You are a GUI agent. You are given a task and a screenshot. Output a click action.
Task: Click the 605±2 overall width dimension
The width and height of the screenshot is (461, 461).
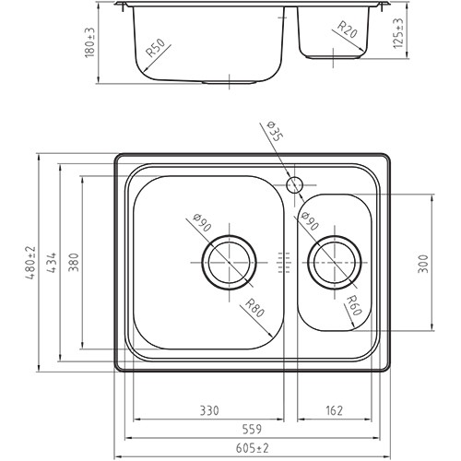[x=252, y=448]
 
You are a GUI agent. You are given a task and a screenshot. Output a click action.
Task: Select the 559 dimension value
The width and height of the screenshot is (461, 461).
[x=252, y=429]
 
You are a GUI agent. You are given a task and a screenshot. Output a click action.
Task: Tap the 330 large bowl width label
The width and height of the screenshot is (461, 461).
[x=209, y=410]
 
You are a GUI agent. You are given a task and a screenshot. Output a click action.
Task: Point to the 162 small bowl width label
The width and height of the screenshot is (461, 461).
[x=334, y=410]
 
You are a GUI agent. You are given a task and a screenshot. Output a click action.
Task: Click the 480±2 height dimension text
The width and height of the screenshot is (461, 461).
[x=31, y=263]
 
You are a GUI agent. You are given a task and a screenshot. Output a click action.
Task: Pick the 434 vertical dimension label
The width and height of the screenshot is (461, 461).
[x=52, y=263]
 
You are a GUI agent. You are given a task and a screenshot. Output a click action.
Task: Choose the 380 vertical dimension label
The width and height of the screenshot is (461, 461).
[x=74, y=262]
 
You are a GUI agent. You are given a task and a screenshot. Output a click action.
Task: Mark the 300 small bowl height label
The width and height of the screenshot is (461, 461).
[x=423, y=263]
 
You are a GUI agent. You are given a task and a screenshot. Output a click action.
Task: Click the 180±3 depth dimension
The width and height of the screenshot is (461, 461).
[x=89, y=42]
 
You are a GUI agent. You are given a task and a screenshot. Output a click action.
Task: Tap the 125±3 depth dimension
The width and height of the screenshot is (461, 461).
[x=398, y=33]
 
